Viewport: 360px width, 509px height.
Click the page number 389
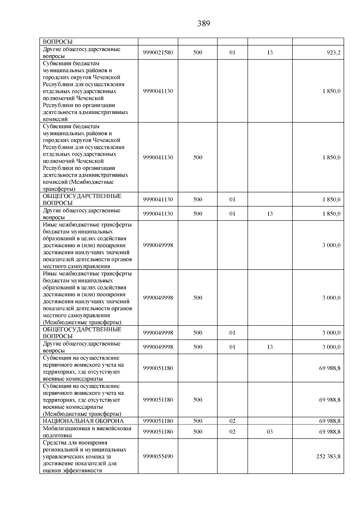(x=204, y=24)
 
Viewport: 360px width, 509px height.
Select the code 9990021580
(x=158, y=52)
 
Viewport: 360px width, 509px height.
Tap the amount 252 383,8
(x=328, y=457)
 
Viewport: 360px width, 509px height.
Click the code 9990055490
(x=158, y=457)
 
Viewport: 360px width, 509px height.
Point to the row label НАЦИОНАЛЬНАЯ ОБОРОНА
(x=83, y=421)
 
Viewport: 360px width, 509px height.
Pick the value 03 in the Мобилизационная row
(x=270, y=432)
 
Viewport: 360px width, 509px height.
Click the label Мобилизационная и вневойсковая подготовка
(x=87, y=432)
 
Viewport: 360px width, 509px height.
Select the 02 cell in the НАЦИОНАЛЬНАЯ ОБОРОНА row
(x=232, y=421)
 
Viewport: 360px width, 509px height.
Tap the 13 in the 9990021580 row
(x=270, y=52)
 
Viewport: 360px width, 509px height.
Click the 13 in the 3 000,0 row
(x=270, y=347)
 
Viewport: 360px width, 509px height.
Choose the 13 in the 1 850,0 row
(x=270, y=214)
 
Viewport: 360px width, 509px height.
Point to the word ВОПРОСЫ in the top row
(x=58, y=42)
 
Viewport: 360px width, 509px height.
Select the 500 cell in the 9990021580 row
(x=198, y=52)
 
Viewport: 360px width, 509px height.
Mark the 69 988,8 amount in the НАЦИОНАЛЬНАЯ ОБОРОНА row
(x=330, y=421)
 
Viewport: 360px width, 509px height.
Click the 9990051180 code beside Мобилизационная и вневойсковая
(x=158, y=432)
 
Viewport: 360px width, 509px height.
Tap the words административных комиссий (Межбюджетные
(x=85, y=179)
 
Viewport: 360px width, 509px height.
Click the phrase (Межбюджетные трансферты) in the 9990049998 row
(x=82, y=322)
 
